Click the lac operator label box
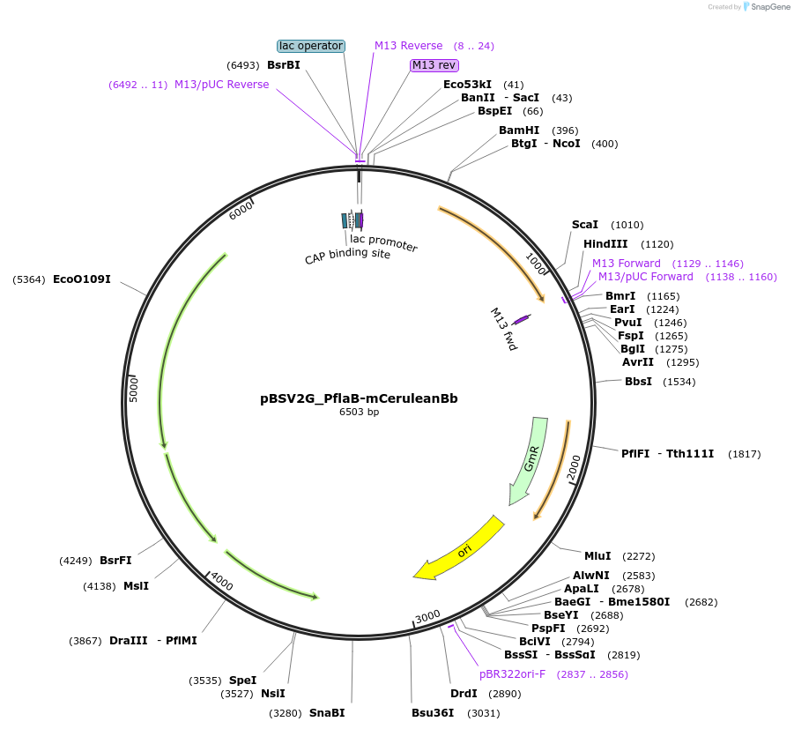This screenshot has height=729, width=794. (310, 46)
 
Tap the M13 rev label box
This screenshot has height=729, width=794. (434, 65)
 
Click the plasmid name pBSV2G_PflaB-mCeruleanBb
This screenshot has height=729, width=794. (359, 398)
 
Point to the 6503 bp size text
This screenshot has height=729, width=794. (359, 412)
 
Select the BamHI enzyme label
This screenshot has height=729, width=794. (519, 130)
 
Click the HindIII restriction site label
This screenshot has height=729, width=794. (605, 244)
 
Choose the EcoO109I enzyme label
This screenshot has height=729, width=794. (82, 279)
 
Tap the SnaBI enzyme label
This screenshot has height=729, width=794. (327, 712)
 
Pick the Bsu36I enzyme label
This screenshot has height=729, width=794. (433, 712)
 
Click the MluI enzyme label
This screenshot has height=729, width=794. (597, 555)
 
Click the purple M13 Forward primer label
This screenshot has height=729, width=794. (627, 263)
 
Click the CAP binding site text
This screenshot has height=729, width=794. (347, 255)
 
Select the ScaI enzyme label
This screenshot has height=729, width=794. (585, 225)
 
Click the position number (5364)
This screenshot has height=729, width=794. (29, 279)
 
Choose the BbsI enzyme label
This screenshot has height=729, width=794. (638, 381)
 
